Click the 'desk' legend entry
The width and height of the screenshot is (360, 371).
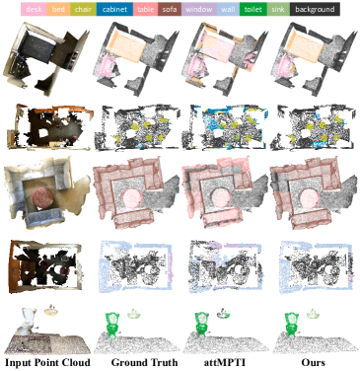pos(34,9)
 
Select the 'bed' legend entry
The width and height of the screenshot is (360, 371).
pos(58,9)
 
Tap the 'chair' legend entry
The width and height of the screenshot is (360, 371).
pos(83,9)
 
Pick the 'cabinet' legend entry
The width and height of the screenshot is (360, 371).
pos(114,9)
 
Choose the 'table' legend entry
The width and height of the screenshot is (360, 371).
pos(146,9)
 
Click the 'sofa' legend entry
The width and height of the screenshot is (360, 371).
pos(170,9)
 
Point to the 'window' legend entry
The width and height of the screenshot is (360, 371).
pos(199,9)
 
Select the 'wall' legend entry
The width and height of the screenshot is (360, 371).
pos(228,9)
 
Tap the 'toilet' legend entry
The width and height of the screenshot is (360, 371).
pos(253,9)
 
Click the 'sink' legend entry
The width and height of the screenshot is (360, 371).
pos(278,9)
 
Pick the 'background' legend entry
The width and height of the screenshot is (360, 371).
pos(315,9)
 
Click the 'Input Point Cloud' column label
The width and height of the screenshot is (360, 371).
pos(47,363)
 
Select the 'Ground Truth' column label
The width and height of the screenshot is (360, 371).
pos(144,363)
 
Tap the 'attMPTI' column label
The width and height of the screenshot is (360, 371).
pos(225,363)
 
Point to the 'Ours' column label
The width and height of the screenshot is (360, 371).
pos(313,363)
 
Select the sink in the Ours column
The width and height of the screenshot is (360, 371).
pos(313,315)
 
